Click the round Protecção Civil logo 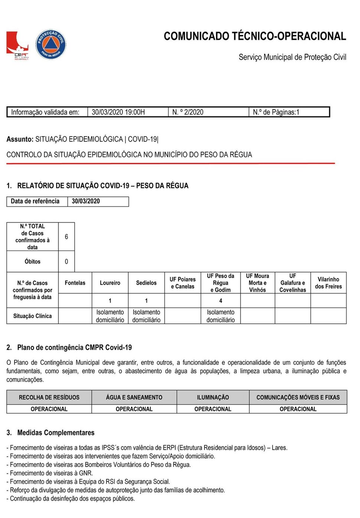pos(51,44)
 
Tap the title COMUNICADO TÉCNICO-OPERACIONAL pos(255,36)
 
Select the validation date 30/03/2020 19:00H pos(118,112)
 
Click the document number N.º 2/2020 pos(188,112)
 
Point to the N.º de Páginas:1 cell pos(276,112)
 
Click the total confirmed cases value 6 pos(66,237)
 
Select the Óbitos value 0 pos(66,262)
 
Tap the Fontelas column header pos(75,283)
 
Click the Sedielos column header pos(146,283)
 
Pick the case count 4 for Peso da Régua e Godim pos(220,301)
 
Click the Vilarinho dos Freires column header pos(328,283)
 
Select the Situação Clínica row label pos(32,316)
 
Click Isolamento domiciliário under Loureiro pos(110,316)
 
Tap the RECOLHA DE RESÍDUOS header pos(49,397)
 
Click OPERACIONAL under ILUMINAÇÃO pos(213,409)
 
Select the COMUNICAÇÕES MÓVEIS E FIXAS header pos(298,397)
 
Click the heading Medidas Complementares pos(56,433)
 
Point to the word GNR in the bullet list pos(86,473)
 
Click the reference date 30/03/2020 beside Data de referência pos(86,201)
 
